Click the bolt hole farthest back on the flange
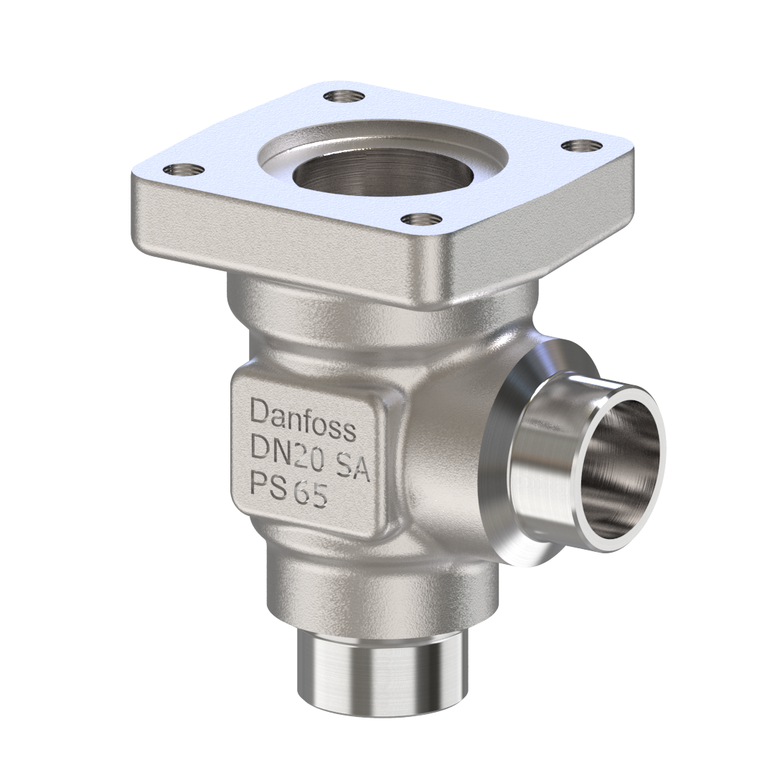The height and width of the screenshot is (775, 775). click(x=339, y=95)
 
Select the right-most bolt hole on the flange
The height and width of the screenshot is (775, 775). click(x=581, y=146)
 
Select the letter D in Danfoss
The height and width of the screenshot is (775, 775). click(x=259, y=411)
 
